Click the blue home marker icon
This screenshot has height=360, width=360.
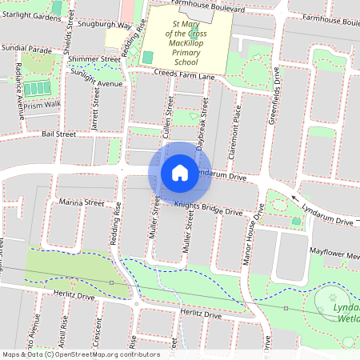(x=180, y=173)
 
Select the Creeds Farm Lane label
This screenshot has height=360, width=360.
(x=185, y=75)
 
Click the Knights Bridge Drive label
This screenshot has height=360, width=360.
(x=208, y=210)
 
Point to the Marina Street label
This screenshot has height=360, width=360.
(x=82, y=203)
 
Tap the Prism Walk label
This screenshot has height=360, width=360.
(x=42, y=104)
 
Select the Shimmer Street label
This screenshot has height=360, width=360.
(x=94, y=59)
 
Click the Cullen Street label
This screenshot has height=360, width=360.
(x=169, y=120)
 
